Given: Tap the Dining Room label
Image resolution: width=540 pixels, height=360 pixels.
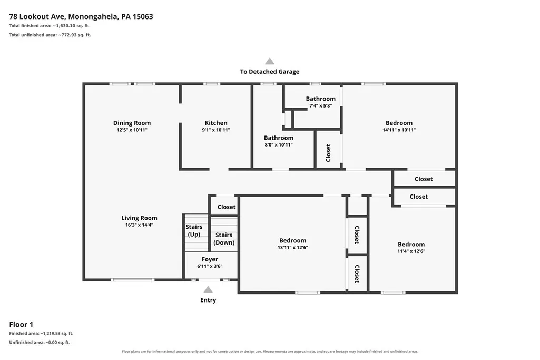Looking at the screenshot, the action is [x=132, y=123].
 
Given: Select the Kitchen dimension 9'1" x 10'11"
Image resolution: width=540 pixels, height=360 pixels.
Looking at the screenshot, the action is [x=216, y=130].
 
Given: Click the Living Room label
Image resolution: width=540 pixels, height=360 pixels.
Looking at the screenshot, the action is [x=139, y=218].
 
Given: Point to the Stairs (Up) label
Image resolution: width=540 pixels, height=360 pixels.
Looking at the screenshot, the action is [x=194, y=230].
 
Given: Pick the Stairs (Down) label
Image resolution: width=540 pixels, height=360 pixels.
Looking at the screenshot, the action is [x=224, y=238].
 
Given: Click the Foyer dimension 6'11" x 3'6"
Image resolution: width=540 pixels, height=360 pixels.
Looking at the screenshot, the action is [x=210, y=266].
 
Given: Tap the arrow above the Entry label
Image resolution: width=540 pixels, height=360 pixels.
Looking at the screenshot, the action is [x=208, y=289].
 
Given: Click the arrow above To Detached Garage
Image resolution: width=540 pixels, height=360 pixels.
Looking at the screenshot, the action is [x=270, y=61].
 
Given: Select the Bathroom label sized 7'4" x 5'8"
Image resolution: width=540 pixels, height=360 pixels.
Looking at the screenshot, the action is [x=321, y=99].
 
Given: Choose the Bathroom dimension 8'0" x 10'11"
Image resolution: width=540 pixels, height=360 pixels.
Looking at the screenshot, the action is [x=279, y=145].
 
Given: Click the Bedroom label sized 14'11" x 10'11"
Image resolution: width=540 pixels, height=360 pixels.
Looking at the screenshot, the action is [x=399, y=123].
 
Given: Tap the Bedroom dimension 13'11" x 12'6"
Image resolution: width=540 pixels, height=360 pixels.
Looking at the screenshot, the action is [x=293, y=247].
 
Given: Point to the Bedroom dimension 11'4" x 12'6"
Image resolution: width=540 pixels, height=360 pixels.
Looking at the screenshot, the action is [x=411, y=251].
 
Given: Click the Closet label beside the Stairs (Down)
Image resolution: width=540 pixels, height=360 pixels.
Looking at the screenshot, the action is [x=226, y=207].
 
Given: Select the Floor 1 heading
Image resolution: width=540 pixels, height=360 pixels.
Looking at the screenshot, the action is [x=21, y=325].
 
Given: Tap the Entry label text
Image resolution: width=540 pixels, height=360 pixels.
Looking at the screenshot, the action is [x=208, y=300].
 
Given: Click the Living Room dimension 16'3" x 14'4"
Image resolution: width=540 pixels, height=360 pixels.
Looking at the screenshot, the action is [x=139, y=225].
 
